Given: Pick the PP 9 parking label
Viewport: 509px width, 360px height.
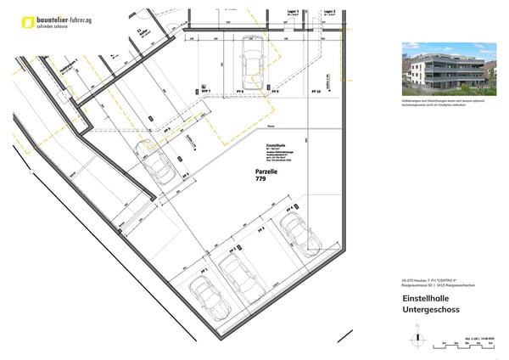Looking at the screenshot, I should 275,90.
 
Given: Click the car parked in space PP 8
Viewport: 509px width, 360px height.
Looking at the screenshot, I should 251,61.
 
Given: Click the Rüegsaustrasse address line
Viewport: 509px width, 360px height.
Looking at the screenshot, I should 431,284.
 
